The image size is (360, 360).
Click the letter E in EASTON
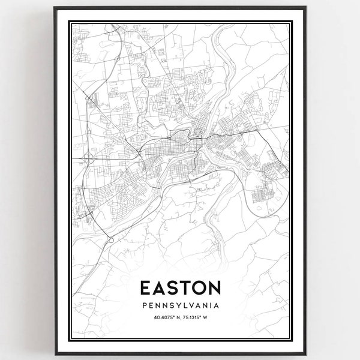(x=146, y=287)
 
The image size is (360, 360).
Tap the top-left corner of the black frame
(x=53, y=7)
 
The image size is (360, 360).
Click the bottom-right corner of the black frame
(x=306, y=354)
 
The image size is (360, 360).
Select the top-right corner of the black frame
(x=306, y=7)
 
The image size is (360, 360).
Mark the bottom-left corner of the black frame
(x=53, y=354)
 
